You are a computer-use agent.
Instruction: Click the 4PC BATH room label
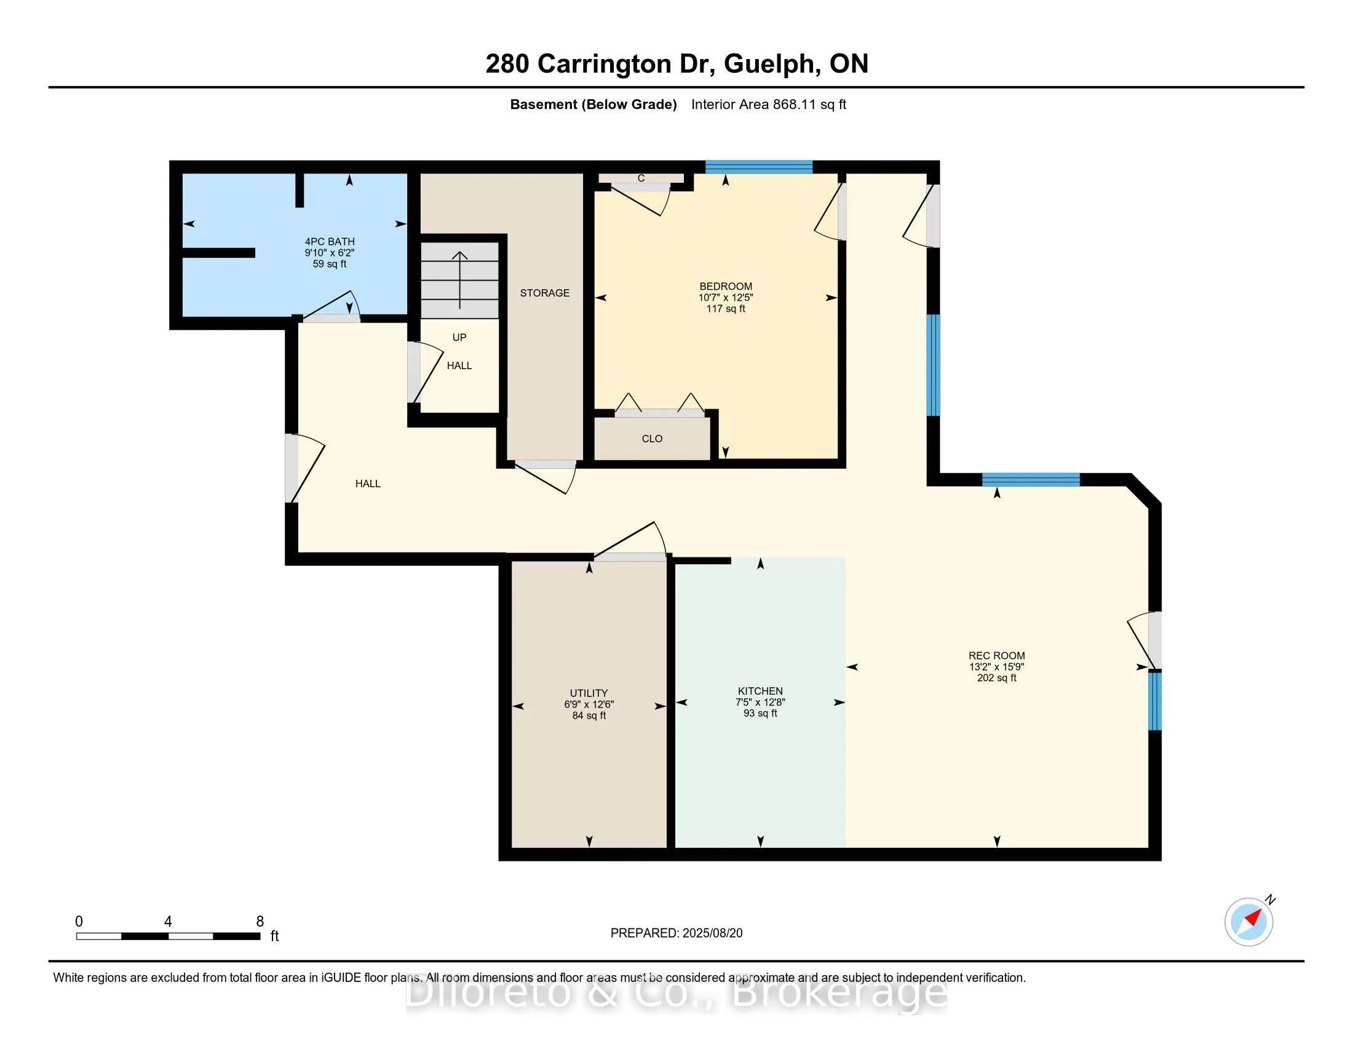[x=330, y=242]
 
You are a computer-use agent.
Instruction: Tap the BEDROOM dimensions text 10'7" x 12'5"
[x=726, y=297]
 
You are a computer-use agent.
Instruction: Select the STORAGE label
[x=544, y=293]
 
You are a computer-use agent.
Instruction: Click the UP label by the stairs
[x=459, y=338]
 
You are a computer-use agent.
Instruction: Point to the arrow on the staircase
[x=459, y=279]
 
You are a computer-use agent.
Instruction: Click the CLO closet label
[x=652, y=439]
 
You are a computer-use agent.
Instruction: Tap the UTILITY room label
[x=589, y=693]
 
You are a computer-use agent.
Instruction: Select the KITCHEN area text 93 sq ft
[x=760, y=713]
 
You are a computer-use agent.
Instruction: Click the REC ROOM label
[x=996, y=656]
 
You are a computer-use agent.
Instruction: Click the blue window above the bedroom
[x=758, y=167]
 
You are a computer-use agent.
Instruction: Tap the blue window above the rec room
[x=1031, y=479]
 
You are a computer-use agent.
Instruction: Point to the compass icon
[x=1248, y=922]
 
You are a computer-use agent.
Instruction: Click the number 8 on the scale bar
[x=260, y=922]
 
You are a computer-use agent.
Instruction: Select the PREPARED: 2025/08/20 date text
[x=676, y=933]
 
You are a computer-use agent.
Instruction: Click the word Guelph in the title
[x=768, y=64]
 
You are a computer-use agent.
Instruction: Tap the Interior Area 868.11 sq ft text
[x=768, y=105]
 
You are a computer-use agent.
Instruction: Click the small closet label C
[x=641, y=178]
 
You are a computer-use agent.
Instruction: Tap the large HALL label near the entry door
[x=367, y=484]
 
